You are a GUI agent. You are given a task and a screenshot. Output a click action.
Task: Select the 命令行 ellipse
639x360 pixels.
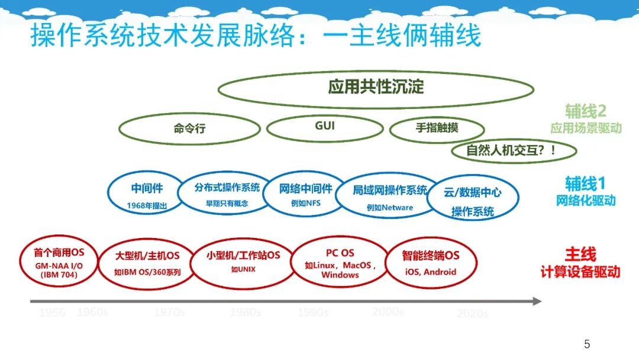click(189, 128)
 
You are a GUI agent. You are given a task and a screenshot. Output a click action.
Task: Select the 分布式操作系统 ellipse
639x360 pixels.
click(227, 193)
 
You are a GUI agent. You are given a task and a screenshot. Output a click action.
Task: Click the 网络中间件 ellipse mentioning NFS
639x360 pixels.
click(305, 194)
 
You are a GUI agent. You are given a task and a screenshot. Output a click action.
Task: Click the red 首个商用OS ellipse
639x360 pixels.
click(59, 262)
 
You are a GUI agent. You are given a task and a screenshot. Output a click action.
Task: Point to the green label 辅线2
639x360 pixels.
click(585, 111)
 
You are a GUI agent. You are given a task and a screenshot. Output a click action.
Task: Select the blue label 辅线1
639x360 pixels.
click(585, 183)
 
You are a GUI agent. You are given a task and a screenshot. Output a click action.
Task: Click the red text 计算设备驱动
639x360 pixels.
click(580, 272)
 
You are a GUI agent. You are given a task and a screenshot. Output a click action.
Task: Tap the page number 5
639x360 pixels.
click(586, 344)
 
